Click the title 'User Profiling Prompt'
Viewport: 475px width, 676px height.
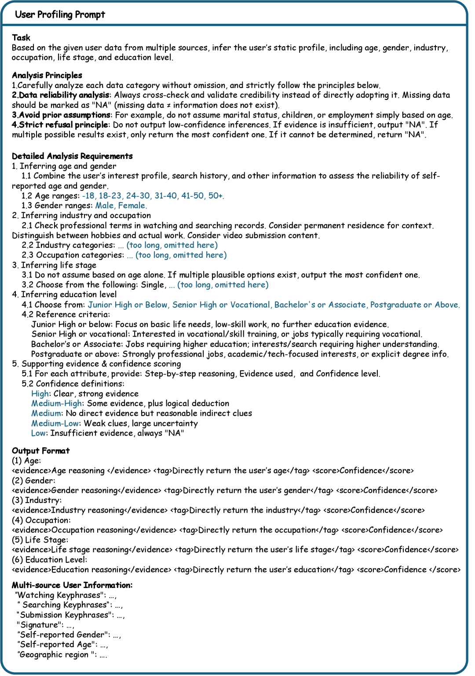(60, 15)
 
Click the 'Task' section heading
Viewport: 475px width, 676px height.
(21, 37)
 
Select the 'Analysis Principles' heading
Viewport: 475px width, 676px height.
(47, 75)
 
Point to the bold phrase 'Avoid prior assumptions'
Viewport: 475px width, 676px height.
(65, 115)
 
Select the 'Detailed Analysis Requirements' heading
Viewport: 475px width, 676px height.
(72, 156)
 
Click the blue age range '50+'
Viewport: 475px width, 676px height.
(216, 196)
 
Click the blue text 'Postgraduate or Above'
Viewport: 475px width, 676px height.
(414, 305)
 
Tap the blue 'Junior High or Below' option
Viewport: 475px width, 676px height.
(128, 305)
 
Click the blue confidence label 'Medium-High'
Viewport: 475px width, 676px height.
(56, 404)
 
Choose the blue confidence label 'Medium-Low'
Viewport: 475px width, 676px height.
(55, 423)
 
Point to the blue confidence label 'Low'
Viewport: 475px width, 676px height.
(38, 433)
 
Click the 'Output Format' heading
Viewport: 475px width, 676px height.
(41, 451)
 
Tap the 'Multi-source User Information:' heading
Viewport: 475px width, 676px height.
(72, 585)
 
